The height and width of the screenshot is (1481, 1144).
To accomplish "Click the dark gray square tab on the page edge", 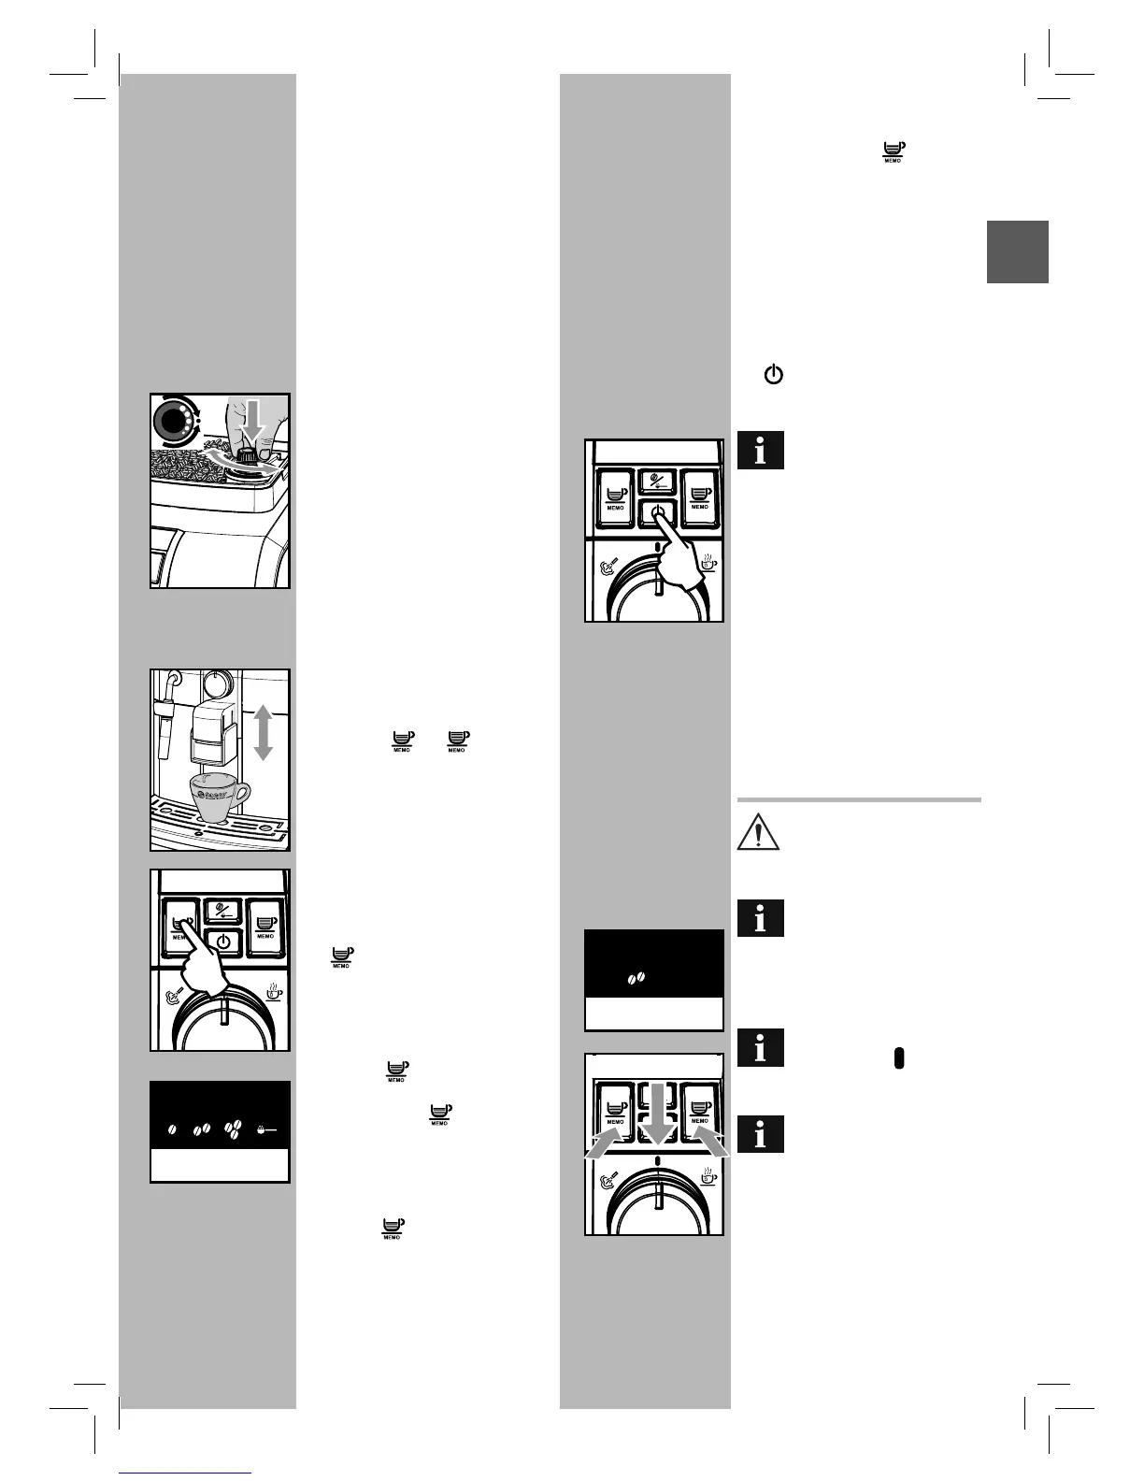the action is (1018, 252).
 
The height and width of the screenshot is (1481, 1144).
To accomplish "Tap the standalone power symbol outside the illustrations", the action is (773, 376).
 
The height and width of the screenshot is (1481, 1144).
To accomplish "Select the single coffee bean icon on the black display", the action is (173, 1130).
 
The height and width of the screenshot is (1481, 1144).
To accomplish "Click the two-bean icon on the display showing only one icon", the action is (636, 978).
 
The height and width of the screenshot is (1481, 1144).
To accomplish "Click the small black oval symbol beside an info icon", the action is (898, 1057).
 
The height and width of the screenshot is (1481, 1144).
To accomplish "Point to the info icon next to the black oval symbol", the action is (760, 1048).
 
